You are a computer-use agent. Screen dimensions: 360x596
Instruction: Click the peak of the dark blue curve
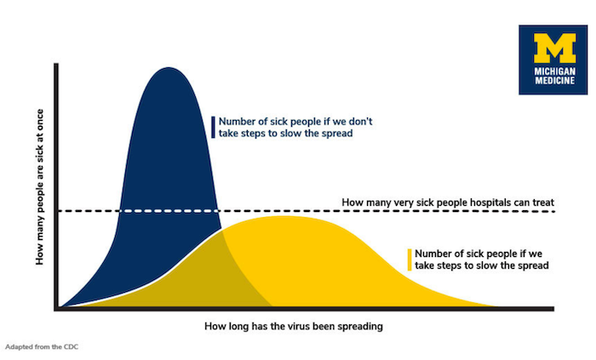(168, 68)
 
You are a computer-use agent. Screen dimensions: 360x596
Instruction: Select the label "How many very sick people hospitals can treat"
(448, 203)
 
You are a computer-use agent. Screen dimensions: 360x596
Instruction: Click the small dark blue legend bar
(213, 127)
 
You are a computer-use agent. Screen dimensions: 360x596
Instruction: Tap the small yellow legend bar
(409, 260)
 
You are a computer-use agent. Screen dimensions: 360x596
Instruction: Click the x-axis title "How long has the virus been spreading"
(293, 326)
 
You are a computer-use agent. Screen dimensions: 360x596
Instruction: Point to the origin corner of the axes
(56, 307)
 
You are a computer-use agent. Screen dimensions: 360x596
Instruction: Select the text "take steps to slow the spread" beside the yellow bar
(480, 266)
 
